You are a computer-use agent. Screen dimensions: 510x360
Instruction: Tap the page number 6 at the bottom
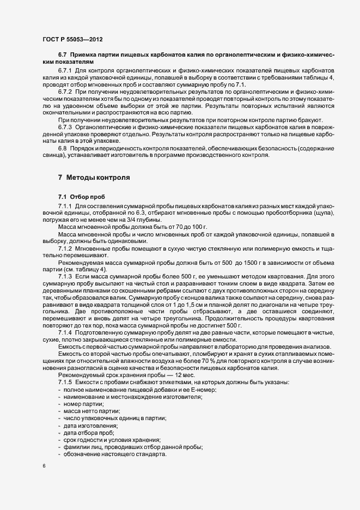(43, 466)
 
